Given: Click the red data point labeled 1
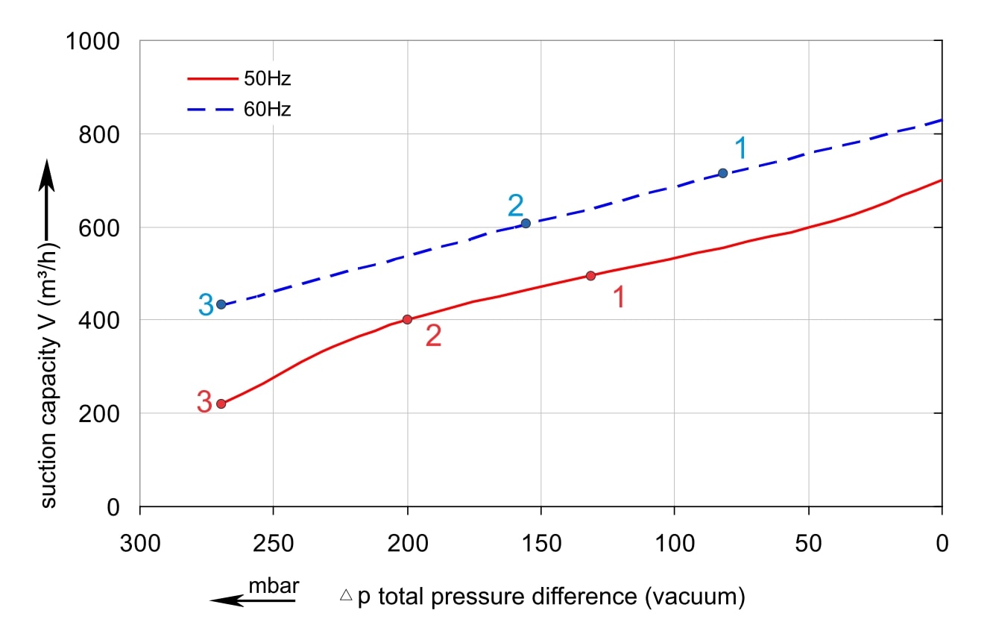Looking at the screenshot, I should click(590, 276).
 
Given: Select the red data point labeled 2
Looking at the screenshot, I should click(407, 319).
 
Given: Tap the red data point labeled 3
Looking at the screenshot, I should click(221, 404).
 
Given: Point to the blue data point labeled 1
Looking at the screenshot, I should click(722, 173).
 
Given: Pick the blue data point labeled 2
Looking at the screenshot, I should click(526, 223).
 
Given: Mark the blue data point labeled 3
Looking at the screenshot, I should click(221, 304).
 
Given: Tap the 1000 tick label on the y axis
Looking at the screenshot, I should click(92, 42).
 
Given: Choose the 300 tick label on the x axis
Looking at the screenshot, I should click(140, 543).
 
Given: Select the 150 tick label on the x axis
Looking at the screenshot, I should click(540, 543).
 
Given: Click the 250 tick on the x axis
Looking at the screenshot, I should click(274, 543).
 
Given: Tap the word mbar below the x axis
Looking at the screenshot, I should click(274, 585).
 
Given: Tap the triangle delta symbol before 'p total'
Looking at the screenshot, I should click(346, 596).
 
